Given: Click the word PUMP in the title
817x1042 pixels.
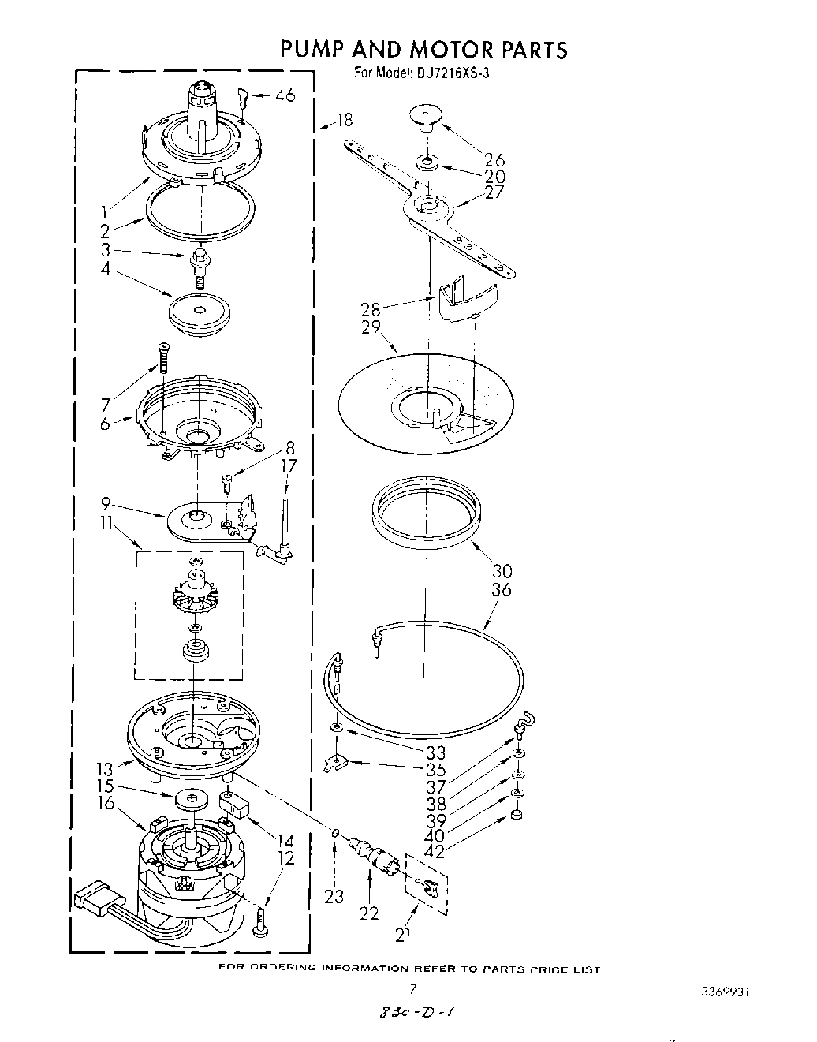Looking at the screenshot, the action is (312, 49).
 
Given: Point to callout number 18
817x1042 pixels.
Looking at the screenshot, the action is (344, 120).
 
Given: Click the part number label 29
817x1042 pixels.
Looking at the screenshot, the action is (371, 327).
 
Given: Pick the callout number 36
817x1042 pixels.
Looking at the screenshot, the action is (501, 589).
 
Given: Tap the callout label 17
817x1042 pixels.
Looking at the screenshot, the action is (289, 466).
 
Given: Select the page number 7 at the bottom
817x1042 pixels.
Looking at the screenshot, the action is (412, 988).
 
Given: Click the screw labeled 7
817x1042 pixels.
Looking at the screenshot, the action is (164, 357).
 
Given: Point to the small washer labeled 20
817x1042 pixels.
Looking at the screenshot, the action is (427, 163).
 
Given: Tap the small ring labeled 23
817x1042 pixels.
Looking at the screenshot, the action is (336, 832).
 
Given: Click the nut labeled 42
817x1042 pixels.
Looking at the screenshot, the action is (517, 814).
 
